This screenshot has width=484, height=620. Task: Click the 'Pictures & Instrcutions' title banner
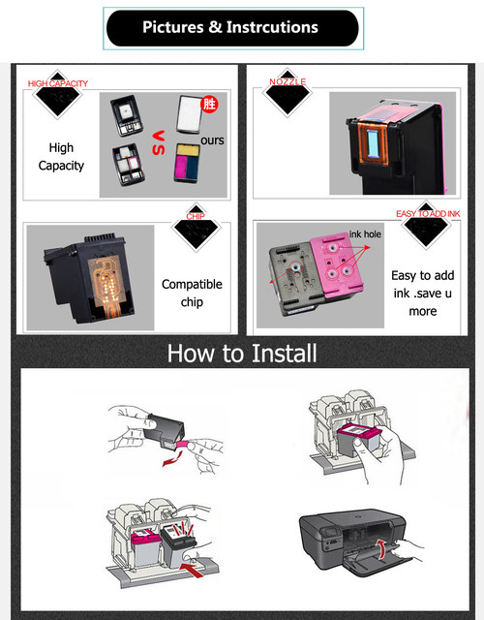tap(232, 28)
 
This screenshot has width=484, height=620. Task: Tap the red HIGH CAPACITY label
tap(58, 83)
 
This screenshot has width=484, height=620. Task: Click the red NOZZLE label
tap(287, 81)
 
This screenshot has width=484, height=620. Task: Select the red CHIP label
tap(196, 216)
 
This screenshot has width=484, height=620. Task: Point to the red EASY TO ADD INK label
tap(428, 213)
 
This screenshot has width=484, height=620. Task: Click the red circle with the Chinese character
tap(209, 104)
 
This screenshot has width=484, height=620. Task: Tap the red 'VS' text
tap(159, 142)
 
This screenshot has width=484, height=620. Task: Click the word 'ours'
tap(212, 140)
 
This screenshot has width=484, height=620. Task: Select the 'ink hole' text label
tap(365, 234)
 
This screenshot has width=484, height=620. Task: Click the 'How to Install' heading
tap(242, 353)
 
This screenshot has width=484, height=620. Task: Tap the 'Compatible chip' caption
tap(192, 293)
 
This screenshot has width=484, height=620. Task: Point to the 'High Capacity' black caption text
tap(61, 157)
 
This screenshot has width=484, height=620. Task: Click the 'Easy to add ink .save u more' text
tap(423, 293)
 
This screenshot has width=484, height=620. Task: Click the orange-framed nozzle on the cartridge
tap(372, 144)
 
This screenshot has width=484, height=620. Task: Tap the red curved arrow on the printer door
tap(381, 548)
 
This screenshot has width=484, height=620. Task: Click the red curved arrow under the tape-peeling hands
tap(173, 459)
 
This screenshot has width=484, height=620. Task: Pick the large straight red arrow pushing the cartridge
tap(193, 570)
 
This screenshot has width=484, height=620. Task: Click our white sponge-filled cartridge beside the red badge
tap(190, 114)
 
